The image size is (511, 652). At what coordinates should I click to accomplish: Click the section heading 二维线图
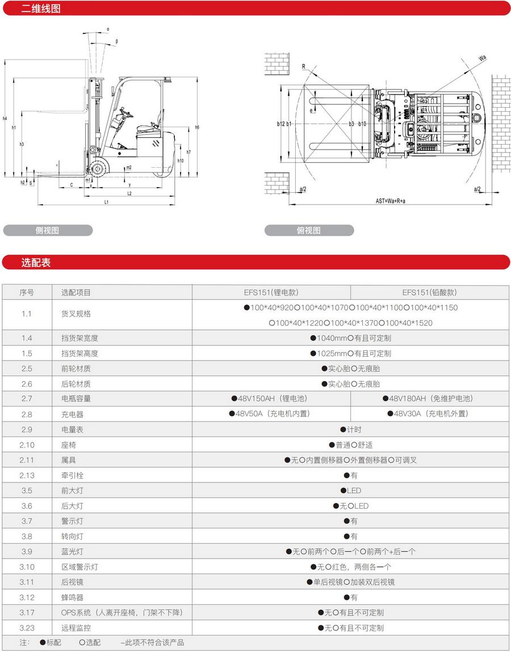click(x=41, y=9)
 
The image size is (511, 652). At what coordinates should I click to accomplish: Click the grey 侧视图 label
click(x=48, y=230)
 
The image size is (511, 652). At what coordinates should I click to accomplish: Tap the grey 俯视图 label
click(x=309, y=230)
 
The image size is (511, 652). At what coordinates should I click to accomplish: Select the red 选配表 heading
click(x=36, y=263)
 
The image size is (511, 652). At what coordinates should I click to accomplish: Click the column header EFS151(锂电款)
click(x=271, y=293)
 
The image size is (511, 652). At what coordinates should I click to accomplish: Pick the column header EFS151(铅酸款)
click(x=430, y=293)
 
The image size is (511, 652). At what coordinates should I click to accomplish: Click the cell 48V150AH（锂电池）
click(x=271, y=399)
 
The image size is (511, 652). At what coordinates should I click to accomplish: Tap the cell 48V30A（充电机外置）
click(x=430, y=414)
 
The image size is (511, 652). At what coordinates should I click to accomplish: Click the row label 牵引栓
click(x=72, y=475)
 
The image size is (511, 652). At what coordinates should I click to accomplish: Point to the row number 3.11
click(x=27, y=582)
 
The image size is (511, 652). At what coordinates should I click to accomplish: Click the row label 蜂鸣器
click(x=72, y=598)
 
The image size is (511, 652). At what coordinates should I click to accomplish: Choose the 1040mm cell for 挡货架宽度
click(x=350, y=338)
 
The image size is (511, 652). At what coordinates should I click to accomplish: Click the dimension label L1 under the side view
click(x=106, y=202)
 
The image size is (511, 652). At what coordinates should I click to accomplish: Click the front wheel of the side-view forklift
click(x=98, y=168)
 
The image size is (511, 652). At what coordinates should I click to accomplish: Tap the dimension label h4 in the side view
click(x=5, y=118)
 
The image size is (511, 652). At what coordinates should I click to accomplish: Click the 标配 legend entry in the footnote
click(x=51, y=643)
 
